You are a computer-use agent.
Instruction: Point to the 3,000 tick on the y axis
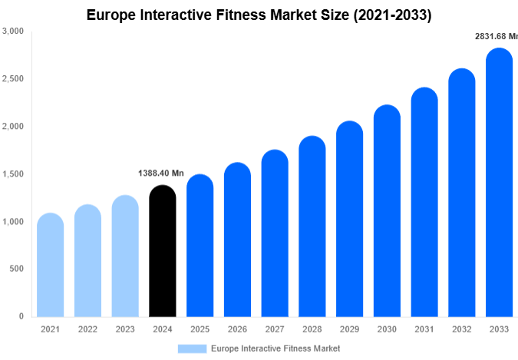coord(13,31)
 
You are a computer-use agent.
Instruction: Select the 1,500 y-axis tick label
coord(13,174)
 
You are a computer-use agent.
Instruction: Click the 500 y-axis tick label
coord(17,269)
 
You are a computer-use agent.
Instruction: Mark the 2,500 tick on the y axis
coord(13,79)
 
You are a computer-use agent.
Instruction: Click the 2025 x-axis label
coord(200,329)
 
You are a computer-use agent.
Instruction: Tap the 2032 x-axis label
coord(462,329)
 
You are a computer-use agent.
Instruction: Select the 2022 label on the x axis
coord(87,329)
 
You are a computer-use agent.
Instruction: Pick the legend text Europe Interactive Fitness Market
coord(275,348)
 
